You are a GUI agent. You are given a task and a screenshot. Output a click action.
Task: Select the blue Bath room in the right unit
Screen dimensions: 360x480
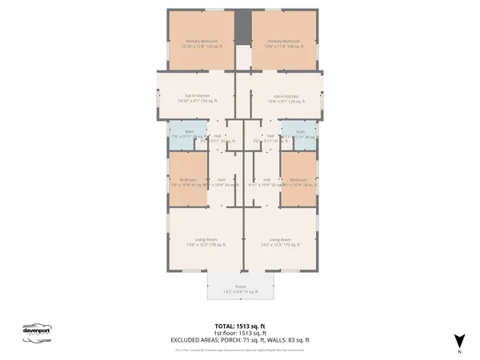coord(300,135)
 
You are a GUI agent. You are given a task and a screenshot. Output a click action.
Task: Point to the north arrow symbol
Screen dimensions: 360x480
coord(458,340)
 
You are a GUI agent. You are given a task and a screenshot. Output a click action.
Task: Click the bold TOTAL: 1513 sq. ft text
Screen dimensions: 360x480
coord(240,326)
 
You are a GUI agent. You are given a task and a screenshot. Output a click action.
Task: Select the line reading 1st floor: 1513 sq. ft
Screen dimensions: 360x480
coord(240,333)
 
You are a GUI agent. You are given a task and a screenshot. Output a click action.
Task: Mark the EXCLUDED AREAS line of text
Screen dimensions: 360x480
coord(240,340)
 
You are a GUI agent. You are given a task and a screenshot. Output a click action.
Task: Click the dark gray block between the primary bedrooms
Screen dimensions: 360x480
coord(240,28)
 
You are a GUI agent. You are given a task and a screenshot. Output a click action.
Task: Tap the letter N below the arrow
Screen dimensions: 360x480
coord(458,352)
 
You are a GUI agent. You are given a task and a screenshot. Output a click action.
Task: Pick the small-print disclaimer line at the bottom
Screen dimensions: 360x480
coord(240,349)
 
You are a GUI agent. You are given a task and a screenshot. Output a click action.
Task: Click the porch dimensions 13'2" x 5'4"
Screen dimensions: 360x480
coord(240,293)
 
